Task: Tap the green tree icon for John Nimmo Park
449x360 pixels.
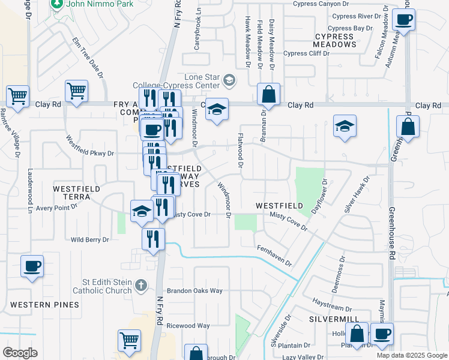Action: [56, 5]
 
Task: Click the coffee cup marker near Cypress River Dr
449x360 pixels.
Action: [404, 20]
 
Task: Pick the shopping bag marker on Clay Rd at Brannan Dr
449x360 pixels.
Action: [268, 94]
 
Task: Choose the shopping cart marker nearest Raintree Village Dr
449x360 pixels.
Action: [18, 96]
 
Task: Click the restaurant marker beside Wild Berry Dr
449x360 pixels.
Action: [153, 238]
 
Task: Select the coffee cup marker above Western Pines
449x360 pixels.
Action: [32, 266]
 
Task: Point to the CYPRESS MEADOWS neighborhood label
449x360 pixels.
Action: [334, 41]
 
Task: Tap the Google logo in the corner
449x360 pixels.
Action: [20, 353]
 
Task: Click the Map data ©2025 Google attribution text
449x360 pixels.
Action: [411, 355]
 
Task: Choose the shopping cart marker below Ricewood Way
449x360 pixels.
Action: [129, 340]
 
